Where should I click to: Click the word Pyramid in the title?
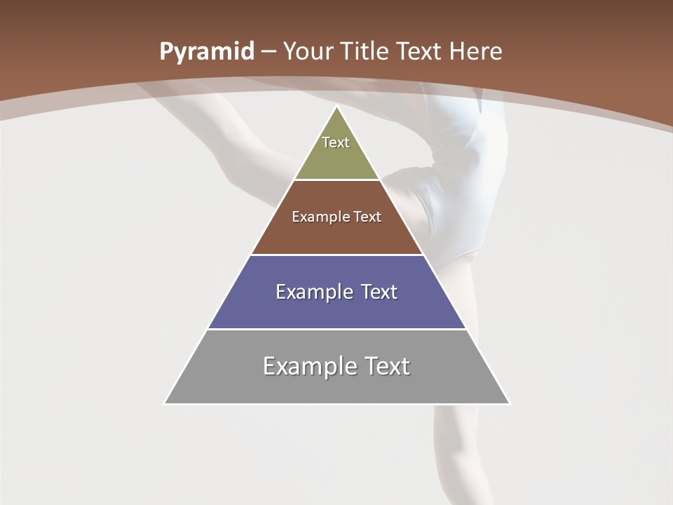coord(206,52)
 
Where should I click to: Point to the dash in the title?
coord(268,52)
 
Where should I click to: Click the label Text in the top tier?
coord(336,142)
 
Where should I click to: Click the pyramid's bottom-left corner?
coord(165,403)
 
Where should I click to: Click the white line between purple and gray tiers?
coord(336,329)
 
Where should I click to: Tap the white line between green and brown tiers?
coord(336,180)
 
